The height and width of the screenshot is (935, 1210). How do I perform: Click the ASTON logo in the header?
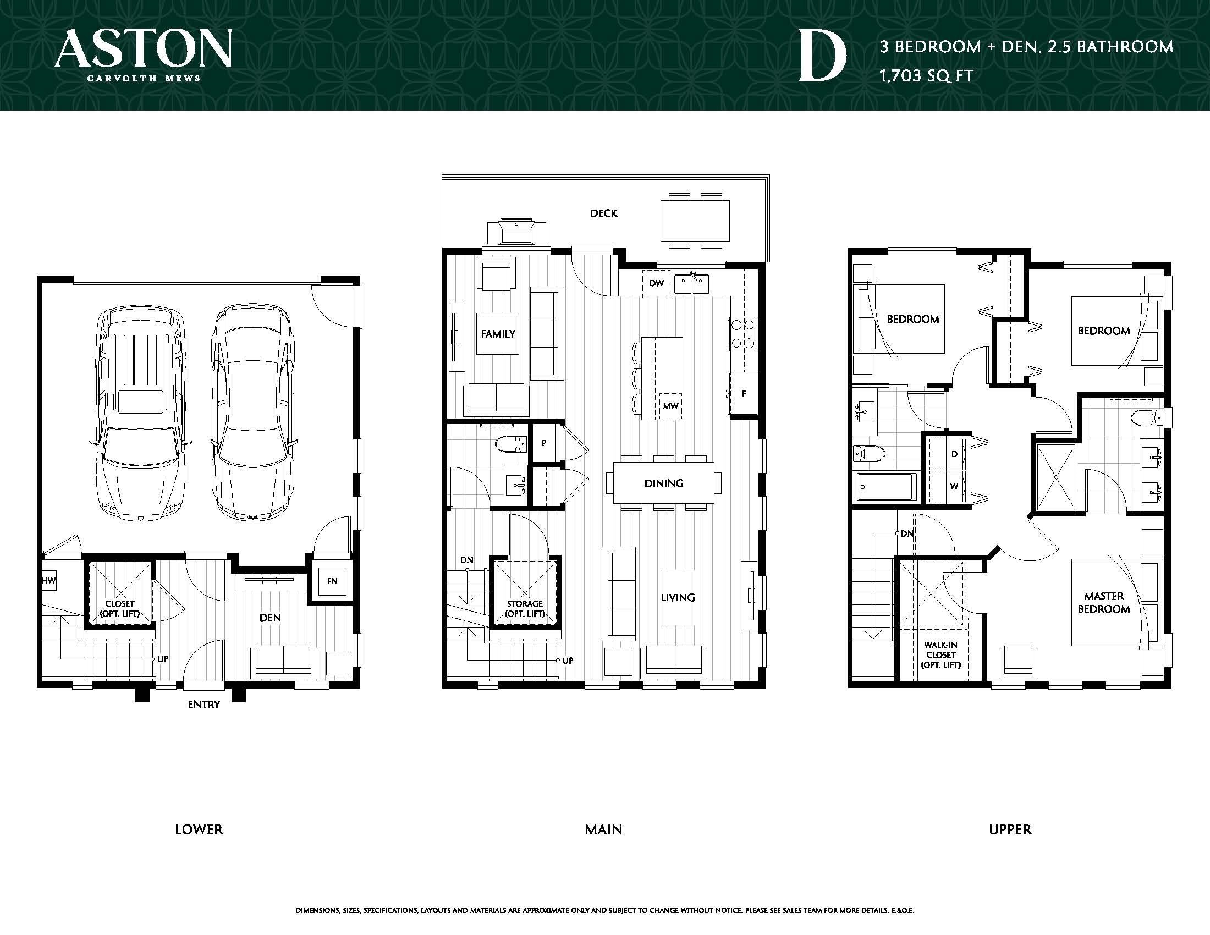point(143,54)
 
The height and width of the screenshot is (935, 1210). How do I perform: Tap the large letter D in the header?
point(822,57)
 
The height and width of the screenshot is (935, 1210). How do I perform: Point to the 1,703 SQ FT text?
point(926,75)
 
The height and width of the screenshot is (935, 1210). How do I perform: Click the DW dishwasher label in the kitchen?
point(657,284)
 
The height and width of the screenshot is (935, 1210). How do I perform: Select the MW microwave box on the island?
point(670,406)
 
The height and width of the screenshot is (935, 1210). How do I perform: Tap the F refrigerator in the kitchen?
point(743,394)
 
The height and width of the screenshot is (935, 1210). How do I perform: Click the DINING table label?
point(664,483)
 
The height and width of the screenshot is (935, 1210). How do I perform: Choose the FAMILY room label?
point(498,334)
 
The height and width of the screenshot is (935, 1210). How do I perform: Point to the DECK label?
point(603,213)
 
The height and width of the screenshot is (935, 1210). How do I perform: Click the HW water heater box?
point(49,581)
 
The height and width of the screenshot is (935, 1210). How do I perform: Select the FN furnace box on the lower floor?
point(332,581)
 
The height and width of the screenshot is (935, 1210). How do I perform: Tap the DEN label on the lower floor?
point(270,618)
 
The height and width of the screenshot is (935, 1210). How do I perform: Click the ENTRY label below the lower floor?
point(204,705)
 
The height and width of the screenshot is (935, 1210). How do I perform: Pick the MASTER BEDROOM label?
point(1104,603)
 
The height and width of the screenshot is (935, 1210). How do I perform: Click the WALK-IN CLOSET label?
point(941,655)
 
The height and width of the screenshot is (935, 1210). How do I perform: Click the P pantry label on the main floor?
point(544,443)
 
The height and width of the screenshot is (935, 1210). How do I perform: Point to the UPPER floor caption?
point(1010,829)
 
